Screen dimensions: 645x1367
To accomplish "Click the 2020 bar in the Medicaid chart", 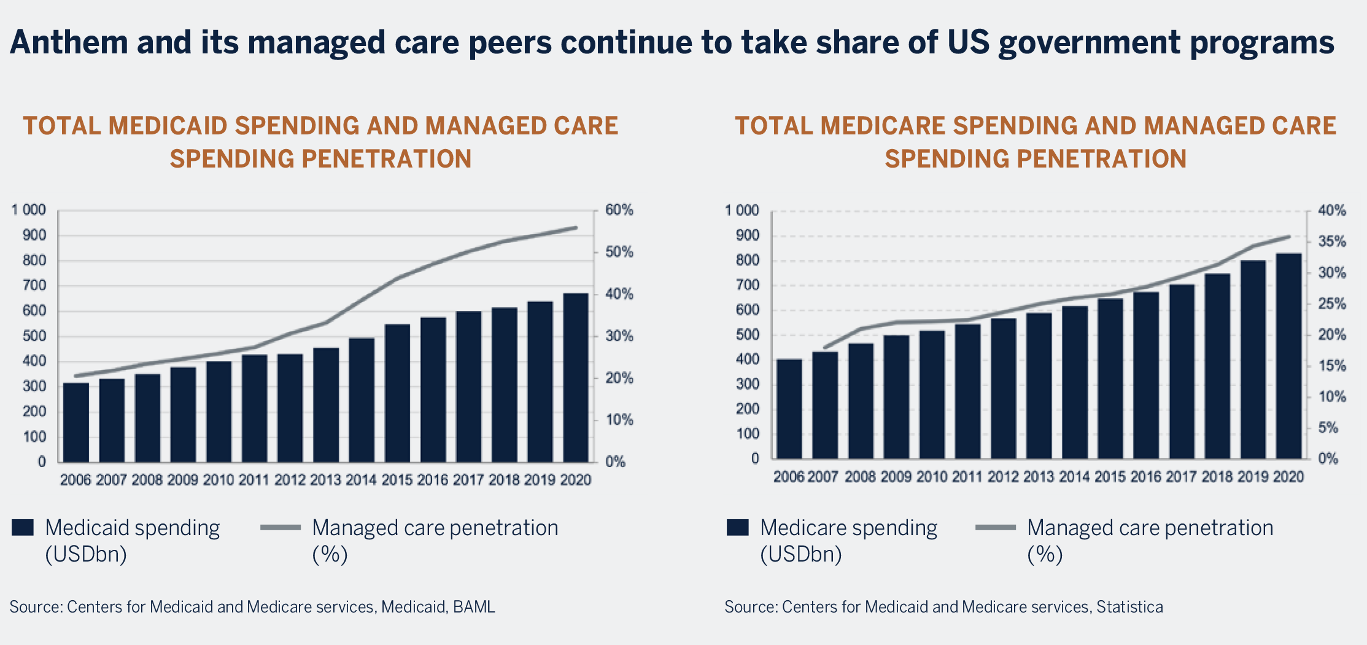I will (x=576, y=377).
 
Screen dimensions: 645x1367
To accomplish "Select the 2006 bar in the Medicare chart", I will (x=789, y=409).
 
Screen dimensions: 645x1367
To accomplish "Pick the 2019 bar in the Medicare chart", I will (x=1253, y=360).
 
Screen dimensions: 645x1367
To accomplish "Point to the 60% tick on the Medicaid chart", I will (x=619, y=210).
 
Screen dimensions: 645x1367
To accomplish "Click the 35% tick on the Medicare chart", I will (x=1331, y=241).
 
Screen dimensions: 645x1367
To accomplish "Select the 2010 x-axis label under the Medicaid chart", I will (x=219, y=480).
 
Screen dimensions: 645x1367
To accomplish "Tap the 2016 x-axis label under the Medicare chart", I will (x=1145, y=477).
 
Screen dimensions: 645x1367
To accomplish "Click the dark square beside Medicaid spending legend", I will (x=23, y=528).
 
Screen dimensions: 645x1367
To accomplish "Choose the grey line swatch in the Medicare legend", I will (x=995, y=528).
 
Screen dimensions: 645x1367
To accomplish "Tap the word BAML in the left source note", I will (x=473, y=607).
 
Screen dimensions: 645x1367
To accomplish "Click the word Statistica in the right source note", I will (x=1129, y=607).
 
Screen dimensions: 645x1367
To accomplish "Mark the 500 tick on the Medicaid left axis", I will (x=34, y=336).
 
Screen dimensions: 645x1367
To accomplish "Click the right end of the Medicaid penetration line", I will (x=576, y=228).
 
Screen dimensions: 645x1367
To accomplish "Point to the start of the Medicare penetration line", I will (x=824, y=348).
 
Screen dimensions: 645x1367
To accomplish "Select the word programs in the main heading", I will (x=1262, y=43).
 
